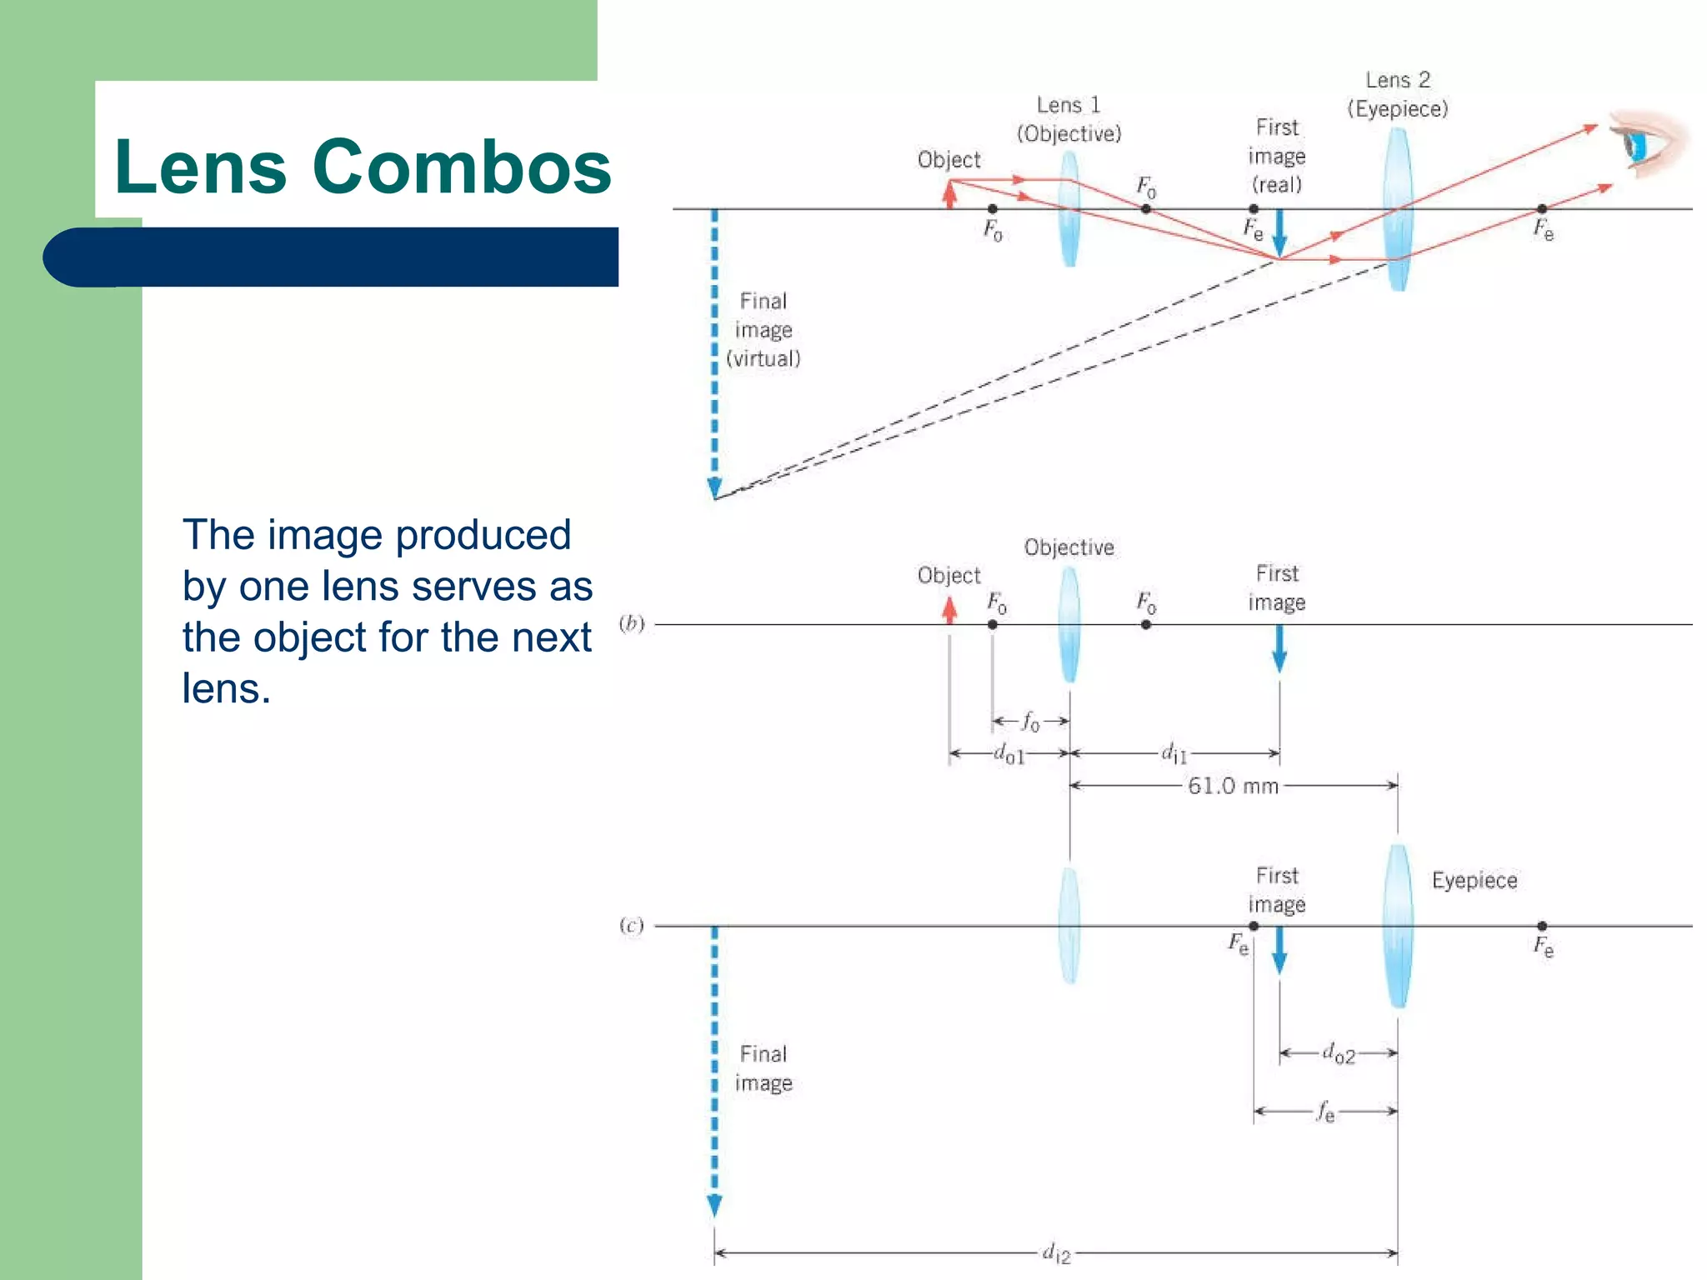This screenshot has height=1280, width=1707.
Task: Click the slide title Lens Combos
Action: tap(363, 167)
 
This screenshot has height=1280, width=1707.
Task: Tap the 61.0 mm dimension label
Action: tap(1233, 786)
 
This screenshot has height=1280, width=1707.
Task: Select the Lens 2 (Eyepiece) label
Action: tap(1398, 95)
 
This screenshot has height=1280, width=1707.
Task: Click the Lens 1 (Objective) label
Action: tap(1069, 119)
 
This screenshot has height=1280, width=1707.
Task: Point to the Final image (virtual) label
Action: tap(763, 330)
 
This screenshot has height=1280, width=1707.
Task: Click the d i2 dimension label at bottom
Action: tap(1056, 1252)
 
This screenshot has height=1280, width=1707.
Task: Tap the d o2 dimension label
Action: tap(1339, 1053)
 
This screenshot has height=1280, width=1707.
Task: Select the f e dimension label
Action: tap(1325, 1111)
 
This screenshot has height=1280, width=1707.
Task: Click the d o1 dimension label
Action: tap(1009, 754)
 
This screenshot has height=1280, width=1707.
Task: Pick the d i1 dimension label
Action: tap(1174, 753)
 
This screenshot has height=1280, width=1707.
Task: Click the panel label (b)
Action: tap(632, 623)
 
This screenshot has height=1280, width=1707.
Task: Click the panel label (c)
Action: tap(632, 925)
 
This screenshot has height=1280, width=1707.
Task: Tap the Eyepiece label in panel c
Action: tap(1474, 881)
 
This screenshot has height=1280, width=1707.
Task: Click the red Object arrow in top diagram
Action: tap(949, 195)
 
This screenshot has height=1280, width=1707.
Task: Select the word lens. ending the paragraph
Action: tap(227, 689)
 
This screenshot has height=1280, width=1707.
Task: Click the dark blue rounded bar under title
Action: tap(333, 257)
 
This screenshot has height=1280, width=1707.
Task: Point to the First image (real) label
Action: tap(1276, 157)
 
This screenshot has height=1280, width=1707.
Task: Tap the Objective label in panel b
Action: tap(1069, 547)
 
